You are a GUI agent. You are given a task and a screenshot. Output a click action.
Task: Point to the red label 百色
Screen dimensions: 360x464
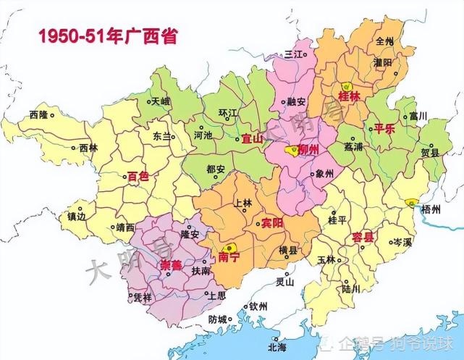click(x=138, y=176)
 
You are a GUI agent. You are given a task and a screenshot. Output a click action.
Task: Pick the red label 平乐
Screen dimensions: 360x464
click(x=383, y=130)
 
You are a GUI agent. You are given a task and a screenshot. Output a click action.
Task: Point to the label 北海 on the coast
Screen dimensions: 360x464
click(x=277, y=347)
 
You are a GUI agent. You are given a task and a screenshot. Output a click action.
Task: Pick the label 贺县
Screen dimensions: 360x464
click(x=431, y=153)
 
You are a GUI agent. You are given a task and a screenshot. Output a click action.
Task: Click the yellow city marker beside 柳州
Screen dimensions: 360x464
click(x=290, y=151)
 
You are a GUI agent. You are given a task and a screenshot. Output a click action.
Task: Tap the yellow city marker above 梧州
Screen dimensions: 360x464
click(x=411, y=201)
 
